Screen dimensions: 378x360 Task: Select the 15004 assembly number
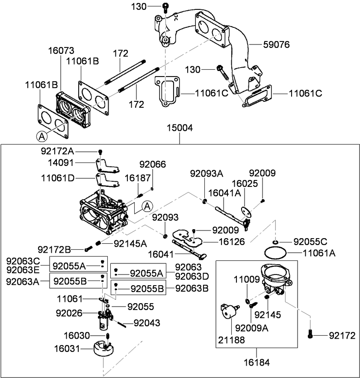[180, 128]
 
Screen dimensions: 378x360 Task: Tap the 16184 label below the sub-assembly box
[257, 363]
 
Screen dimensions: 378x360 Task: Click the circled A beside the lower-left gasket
[41, 136]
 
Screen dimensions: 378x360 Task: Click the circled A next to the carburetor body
[147, 206]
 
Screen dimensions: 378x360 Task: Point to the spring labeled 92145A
[99, 243]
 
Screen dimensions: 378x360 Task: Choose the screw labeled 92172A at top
[100, 152]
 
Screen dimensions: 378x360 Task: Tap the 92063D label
[192, 276]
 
